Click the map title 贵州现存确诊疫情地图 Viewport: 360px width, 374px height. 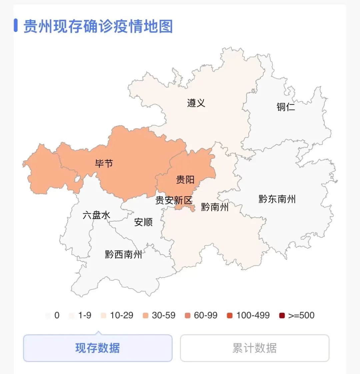coord(98,26)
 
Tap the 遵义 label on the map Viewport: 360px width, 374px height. coord(196,103)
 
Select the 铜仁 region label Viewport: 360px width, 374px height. coord(286,107)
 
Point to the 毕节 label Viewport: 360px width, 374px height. coord(104,163)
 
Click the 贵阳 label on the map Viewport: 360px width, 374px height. coord(185,180)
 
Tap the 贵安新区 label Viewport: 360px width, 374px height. coord(174,200)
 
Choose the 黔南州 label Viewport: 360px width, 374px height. coord(215,207)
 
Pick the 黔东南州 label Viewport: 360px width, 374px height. coord(277,199)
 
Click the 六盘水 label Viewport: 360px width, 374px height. coord(96,215)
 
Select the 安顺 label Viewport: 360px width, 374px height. coord(143,222)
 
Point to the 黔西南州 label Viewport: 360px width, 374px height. coord(124,255)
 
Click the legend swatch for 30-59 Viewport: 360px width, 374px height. coord(145,316)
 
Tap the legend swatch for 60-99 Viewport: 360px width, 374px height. coord(188,316)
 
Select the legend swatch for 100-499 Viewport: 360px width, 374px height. coord(230,316)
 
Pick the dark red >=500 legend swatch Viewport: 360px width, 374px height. coord(282,316)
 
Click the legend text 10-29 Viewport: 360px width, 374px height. coord(122,315)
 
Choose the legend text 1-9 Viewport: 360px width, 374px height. coord(85,315)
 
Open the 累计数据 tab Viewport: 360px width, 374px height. coord(255,348)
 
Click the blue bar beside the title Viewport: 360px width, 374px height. coord(16,26)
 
